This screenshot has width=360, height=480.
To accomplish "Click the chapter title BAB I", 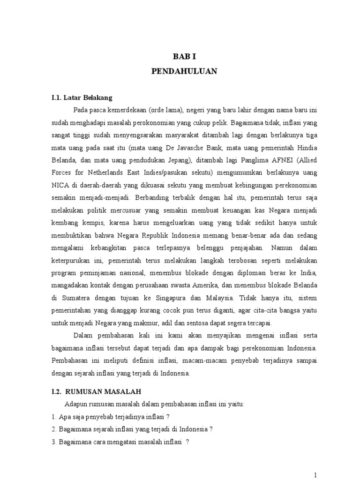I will pos(180,56).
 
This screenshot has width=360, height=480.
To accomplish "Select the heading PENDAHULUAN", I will pos(180,72).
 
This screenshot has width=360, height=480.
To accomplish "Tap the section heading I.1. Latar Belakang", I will pos(82,98).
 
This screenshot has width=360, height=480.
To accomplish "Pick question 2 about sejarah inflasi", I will pos(132,428).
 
